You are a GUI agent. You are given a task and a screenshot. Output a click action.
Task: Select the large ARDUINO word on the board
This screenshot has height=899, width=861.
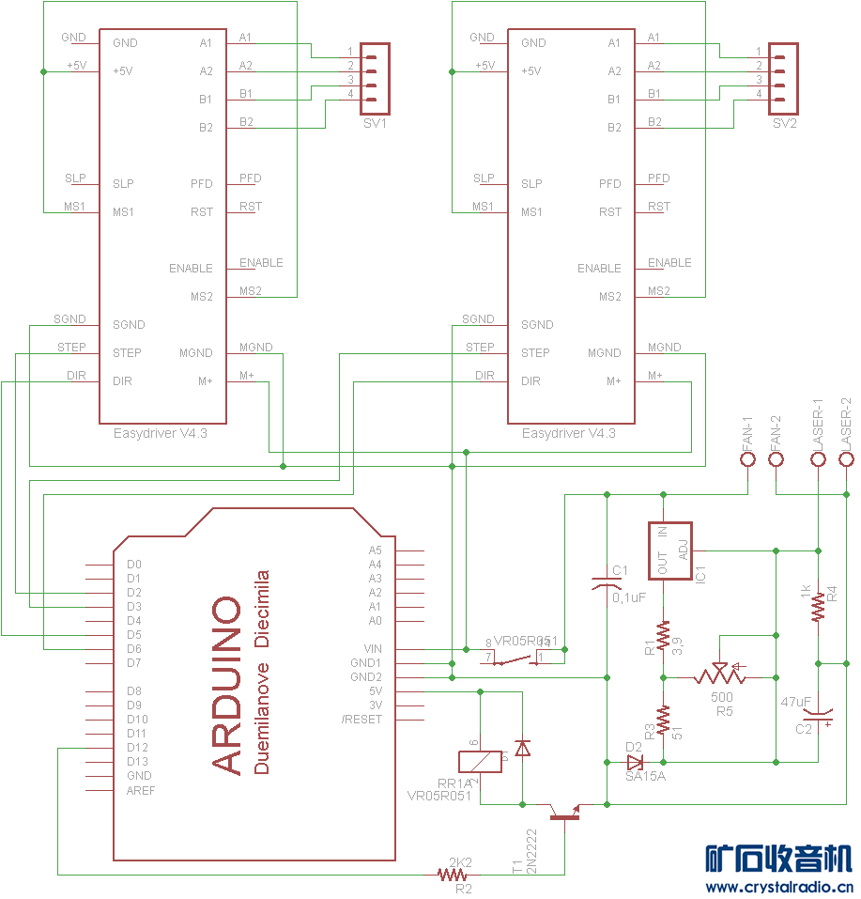tap(227, 685)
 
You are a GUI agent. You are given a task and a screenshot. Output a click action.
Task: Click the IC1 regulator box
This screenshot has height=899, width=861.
tap(670, 550)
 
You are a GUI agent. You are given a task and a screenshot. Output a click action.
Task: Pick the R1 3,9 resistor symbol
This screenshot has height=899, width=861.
tap(663, 636)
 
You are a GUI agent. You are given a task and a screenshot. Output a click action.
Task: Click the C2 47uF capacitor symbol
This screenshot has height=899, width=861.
tap(819, 719)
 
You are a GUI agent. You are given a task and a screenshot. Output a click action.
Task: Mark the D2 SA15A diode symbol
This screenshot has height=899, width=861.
tap(636, 761)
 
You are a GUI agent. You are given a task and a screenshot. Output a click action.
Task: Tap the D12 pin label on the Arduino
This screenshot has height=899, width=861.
tap(138, 748)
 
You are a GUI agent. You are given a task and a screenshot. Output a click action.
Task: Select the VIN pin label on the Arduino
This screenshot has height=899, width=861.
tap(373, 649)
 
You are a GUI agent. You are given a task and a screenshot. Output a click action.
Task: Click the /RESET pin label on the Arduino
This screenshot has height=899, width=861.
tap(362, 720)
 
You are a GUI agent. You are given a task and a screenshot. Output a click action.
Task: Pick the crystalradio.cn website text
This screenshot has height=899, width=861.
tap(778, 886)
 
